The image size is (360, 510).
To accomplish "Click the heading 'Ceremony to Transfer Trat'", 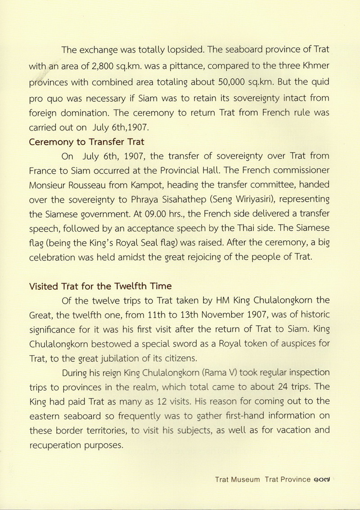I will [86, 142].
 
